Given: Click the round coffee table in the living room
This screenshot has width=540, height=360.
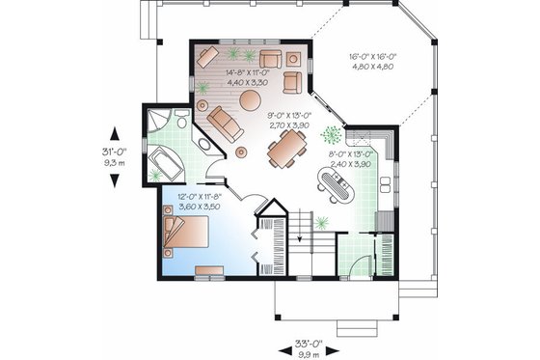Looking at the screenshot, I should (x=250, y=99).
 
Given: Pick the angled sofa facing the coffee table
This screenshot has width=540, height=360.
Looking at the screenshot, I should (x=226, y=124).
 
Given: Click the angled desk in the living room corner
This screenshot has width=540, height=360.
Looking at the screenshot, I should (x=207, y=56).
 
